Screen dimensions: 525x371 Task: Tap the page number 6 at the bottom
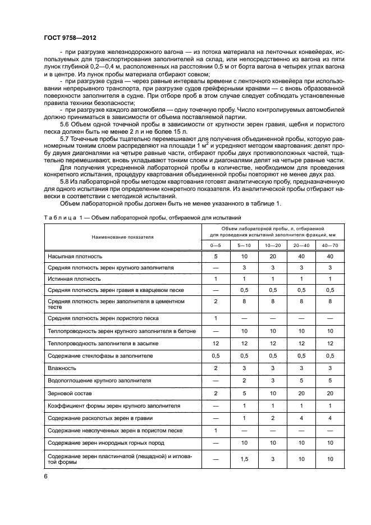[x=45, y=476]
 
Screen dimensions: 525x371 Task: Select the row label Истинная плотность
[x=74, y=279]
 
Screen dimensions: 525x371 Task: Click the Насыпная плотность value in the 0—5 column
[x=216, y=256]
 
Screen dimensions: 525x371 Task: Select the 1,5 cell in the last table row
[x=244, y=459]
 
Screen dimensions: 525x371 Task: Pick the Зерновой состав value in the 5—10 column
[x=244, y=394]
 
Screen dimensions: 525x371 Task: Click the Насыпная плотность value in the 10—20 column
[x=273, y=256]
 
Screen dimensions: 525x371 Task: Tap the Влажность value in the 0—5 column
[x=216, y=367]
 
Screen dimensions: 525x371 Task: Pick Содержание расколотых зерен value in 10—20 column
[x=273, y=418]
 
